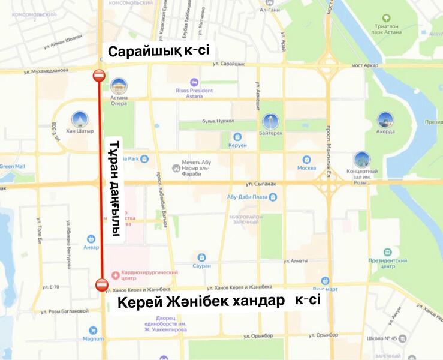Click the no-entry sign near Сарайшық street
pyautogui.click(x=100, y=76)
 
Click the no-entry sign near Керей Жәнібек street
pyautogui.click(x=101, y=284)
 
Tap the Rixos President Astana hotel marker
pyautogui.click(x=194, y=82)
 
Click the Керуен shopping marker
pyautogui.click(x=237, y=137)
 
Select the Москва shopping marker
pyautogui.click(x=306, y=160)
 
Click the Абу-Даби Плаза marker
pyautogui.click(x=273, y=196)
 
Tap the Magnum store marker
pyautogui.click(x=93, y=330)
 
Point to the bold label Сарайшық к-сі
pyautogui.click(x=158, y=51)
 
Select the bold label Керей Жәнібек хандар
pyautogui.click(x=201, y=302)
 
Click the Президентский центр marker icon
pyautogui.click(x=388, y=252)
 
